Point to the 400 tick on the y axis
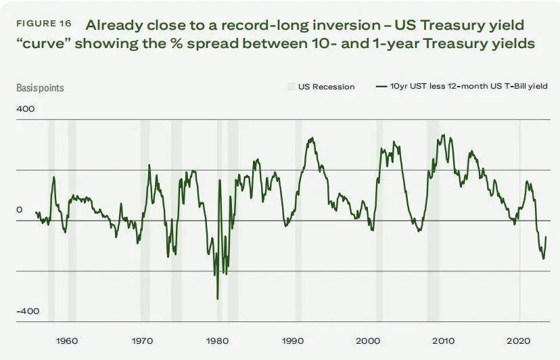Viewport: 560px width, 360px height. (25, 109)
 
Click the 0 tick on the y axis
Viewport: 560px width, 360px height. (19, 210)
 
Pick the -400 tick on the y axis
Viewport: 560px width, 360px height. (28, 311)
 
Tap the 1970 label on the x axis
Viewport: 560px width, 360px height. (141, 340)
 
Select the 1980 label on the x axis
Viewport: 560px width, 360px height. (217, 340)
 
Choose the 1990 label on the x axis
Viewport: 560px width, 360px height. (292, 340)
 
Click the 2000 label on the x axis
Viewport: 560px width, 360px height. (368, 340)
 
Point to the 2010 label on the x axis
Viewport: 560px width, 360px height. (444, 340)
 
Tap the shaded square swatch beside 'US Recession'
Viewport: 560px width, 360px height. (291, 87)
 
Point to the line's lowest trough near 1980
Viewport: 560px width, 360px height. (217, 298)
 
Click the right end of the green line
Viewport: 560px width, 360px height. (546, 237)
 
